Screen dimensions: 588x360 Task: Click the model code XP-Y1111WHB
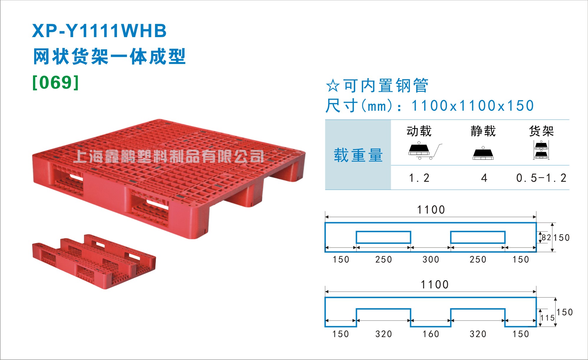99,31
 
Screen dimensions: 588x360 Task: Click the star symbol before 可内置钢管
333,86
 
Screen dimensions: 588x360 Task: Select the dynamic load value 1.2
419,178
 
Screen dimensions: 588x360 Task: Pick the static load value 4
484,178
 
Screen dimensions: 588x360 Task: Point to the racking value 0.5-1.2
541,178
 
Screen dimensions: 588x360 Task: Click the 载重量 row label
358,155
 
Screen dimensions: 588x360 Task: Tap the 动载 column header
419,131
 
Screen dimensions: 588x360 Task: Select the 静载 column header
483,131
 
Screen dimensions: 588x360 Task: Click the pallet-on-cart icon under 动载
425,151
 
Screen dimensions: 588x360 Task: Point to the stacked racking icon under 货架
541,150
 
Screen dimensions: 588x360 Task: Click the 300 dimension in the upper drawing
431,260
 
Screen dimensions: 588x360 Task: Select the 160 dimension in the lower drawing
431,334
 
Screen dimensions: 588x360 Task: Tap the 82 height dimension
546,237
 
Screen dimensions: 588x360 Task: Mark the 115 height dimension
548,318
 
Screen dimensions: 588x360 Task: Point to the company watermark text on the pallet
169,156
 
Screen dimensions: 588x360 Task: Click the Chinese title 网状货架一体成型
109,57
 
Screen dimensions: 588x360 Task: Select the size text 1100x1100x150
473,106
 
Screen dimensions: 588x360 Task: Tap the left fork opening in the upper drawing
383,232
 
